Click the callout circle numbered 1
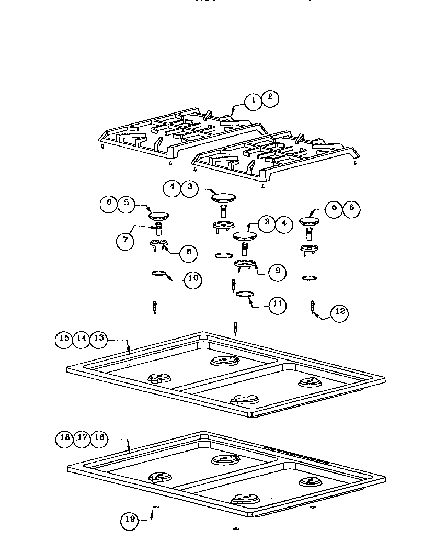click(253, 102)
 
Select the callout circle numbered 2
click(270, 97)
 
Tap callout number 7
click(125, 241)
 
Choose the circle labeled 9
click(277, 271)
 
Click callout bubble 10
click(193, 278)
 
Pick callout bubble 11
click(277, 304)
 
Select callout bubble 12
click(339, 312)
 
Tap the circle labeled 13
click(99, 339)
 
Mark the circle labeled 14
click(81, 339)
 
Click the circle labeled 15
click(64, 339)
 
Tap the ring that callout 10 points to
click(159, 273)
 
